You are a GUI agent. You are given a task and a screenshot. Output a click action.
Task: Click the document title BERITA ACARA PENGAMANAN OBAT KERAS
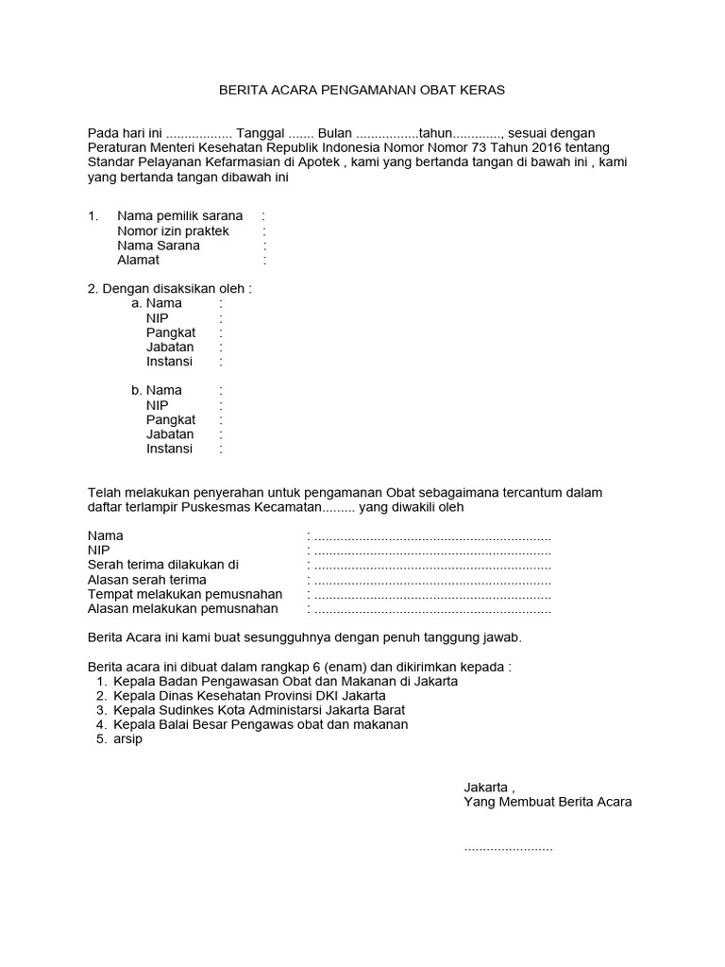pyautogui.click(x=362, y=90)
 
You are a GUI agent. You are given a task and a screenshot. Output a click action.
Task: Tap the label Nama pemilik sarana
pyautogui.click(x=179, y=216)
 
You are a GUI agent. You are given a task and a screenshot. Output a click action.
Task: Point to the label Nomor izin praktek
pyautogui.click(x=173, y=231)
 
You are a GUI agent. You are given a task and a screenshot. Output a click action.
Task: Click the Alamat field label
pyautogui.click(x=138, y=260)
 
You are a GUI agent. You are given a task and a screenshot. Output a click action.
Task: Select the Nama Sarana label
pyautogui.click(x=158, y=246)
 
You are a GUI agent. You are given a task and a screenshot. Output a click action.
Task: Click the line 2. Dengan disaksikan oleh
pyautogui.click(x=170, y=288)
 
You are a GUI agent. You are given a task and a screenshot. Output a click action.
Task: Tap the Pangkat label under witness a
pyautogui.click(x=170, y=332)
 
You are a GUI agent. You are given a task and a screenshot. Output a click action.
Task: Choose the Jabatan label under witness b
pyautogui.click(x=170, y=434)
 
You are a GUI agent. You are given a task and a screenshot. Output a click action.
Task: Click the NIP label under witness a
pyautogui.click(x=157, y=318)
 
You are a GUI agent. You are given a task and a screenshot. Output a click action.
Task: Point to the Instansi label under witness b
pyautogui.click(x=169, y=449)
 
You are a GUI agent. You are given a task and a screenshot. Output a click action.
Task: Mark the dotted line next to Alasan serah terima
pyautogui.click(x=432, y=580)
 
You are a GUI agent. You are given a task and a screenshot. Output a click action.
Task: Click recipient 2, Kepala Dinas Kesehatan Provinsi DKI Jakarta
pyautogui.click(x=249, y=695)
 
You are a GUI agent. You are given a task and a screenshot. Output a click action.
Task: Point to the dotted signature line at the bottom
pyautogui.click(x=508, y=849)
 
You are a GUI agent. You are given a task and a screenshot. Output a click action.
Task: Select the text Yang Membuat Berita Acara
pyautogui.click(x=548, y=802)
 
